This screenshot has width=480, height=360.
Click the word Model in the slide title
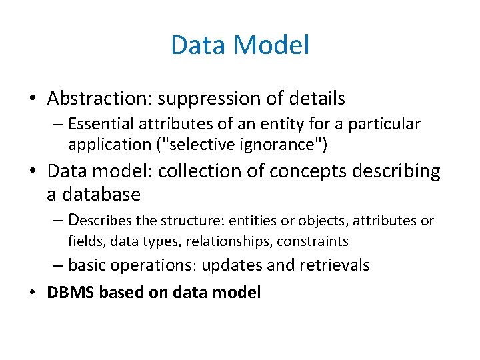[x=273, y=45]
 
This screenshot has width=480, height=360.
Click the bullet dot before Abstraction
[x=33, y=99]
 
